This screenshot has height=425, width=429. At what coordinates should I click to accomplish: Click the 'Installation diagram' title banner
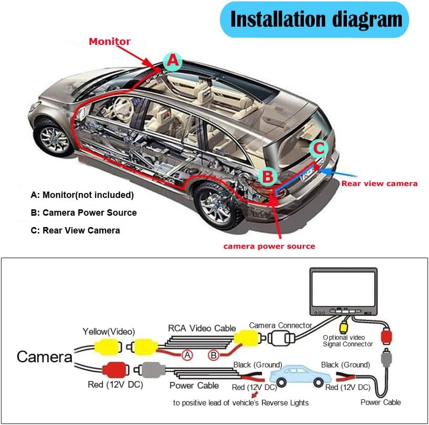(x=316, y=19)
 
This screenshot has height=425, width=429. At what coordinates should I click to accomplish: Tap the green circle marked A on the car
(x=172, y=61)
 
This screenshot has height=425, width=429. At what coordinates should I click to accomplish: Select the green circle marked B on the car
(x=267, y=176)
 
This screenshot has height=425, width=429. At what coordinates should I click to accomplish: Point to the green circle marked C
(x=319, y=148)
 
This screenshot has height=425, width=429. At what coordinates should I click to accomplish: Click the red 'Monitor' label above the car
(x=110, y=41)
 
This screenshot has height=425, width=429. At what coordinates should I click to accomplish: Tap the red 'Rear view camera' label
(x=380, y=184)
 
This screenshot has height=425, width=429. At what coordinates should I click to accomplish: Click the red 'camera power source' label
(x=269, y=246)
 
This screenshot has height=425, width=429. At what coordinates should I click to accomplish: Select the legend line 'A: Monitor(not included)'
(x=82, y=195)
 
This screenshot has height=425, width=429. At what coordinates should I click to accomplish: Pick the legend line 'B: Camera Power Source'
(x=84, y=213)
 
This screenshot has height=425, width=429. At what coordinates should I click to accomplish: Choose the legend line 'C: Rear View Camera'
(x=75, y=231)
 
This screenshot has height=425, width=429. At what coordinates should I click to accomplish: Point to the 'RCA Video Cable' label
(x=202, y=328)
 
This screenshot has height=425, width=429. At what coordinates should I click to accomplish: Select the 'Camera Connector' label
(x=281, y=325)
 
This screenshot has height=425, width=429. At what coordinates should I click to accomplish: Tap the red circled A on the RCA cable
(x=187, y=355)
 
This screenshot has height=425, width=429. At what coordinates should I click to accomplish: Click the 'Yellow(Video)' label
(x=109, y=331)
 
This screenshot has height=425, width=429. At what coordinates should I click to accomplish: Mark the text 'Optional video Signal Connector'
(x=347, y=341)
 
